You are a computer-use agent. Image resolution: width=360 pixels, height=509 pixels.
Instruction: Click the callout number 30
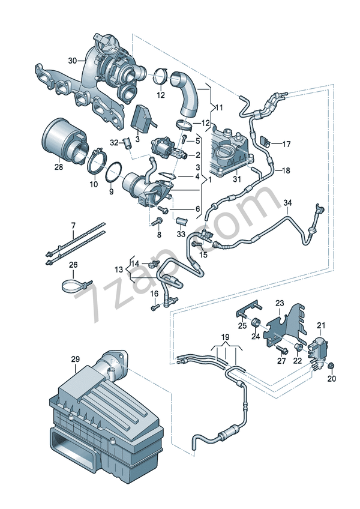point(73,61)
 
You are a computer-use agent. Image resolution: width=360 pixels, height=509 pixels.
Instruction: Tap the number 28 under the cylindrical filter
point(58,167)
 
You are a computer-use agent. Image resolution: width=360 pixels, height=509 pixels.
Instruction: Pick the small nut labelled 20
point(332,366)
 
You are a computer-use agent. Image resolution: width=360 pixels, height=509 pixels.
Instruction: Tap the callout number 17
point(286,144)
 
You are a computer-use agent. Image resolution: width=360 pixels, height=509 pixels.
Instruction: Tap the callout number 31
point(236,179)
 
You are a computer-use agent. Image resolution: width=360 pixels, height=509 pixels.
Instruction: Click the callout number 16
point(154,294)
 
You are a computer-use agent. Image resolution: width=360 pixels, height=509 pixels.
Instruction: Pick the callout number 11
point(218,107)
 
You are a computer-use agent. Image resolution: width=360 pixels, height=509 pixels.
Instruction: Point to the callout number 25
point(242,325)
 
